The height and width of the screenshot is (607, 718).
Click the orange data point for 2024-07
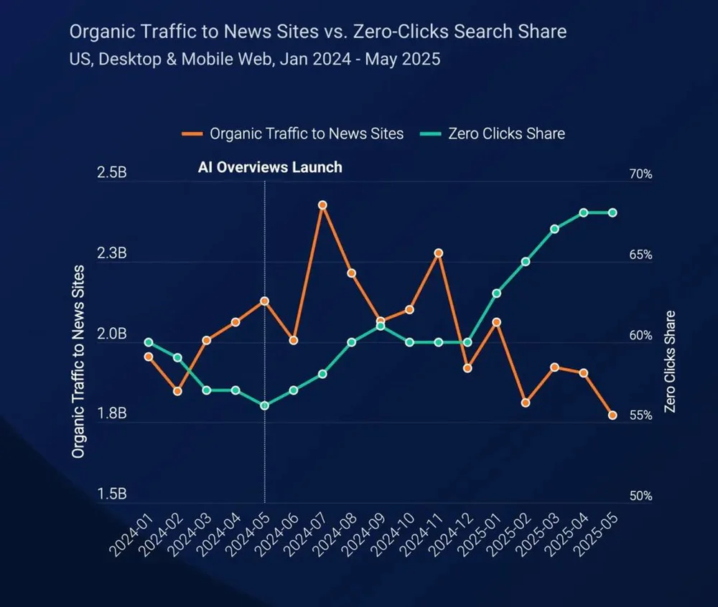(322, 205)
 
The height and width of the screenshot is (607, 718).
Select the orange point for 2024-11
(438, 253)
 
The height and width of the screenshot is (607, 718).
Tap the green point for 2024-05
(264, 405)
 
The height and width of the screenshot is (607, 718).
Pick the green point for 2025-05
(612, 212)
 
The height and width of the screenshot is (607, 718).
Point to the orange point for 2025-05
(612, 415)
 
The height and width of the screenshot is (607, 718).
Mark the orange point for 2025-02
(526, 403)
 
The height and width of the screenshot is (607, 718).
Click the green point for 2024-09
(381, 326)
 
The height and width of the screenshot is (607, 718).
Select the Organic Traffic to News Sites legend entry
(293, 133)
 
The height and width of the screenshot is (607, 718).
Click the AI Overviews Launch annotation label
(270, 167)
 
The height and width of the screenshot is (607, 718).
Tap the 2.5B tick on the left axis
(113, 174)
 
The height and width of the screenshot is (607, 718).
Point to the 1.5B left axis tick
(113, 494)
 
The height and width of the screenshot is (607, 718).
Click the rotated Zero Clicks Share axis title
(670, 361)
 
